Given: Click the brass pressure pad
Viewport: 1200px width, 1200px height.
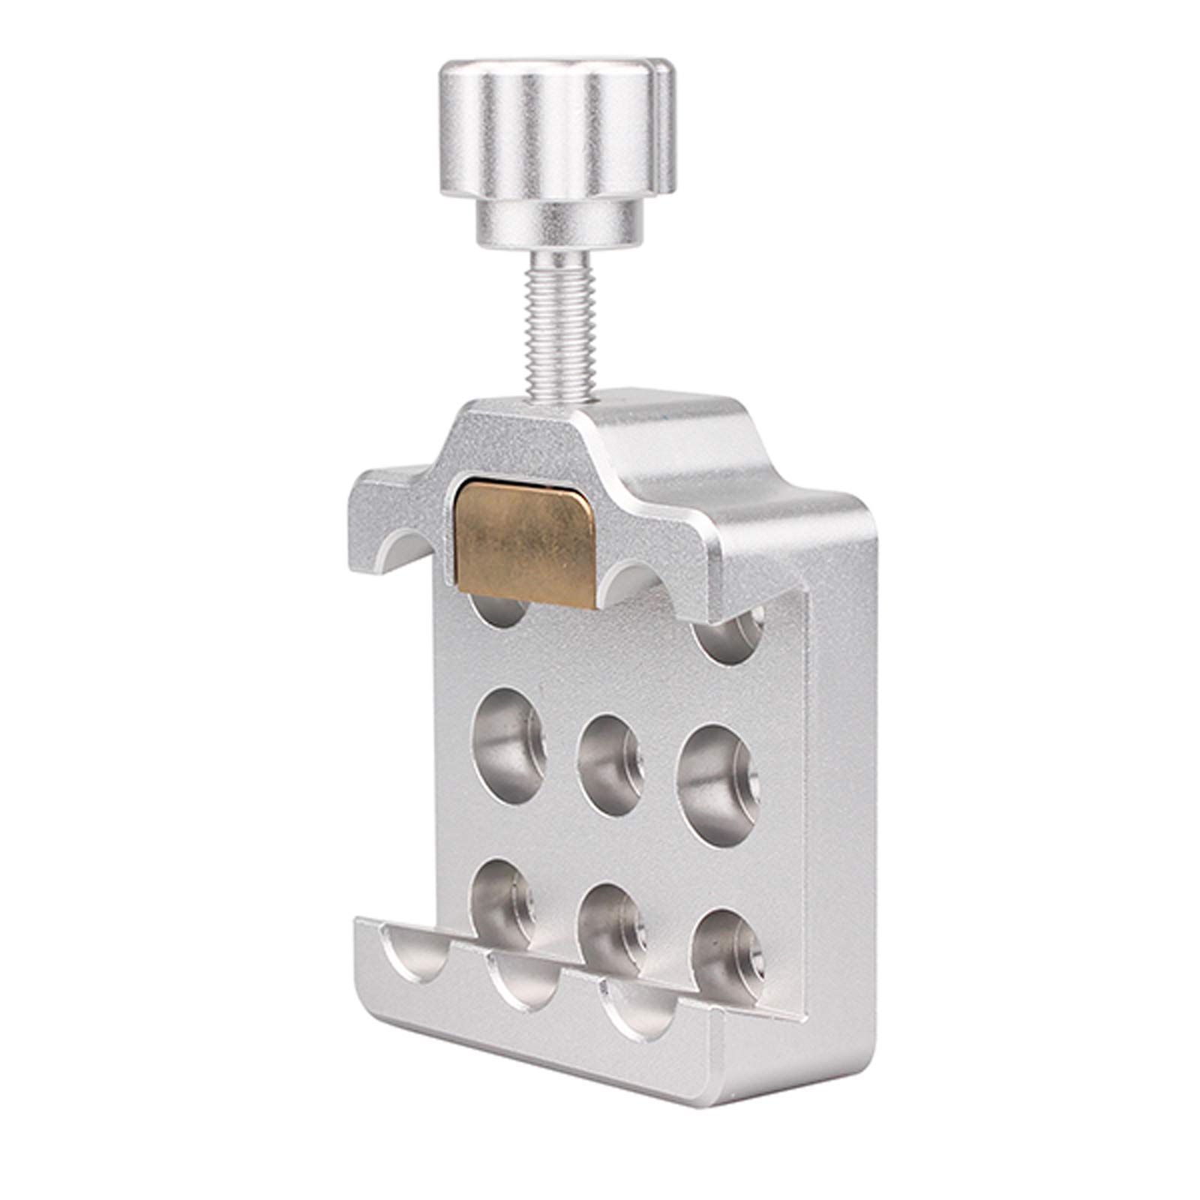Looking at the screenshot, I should (x=525, y=533).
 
